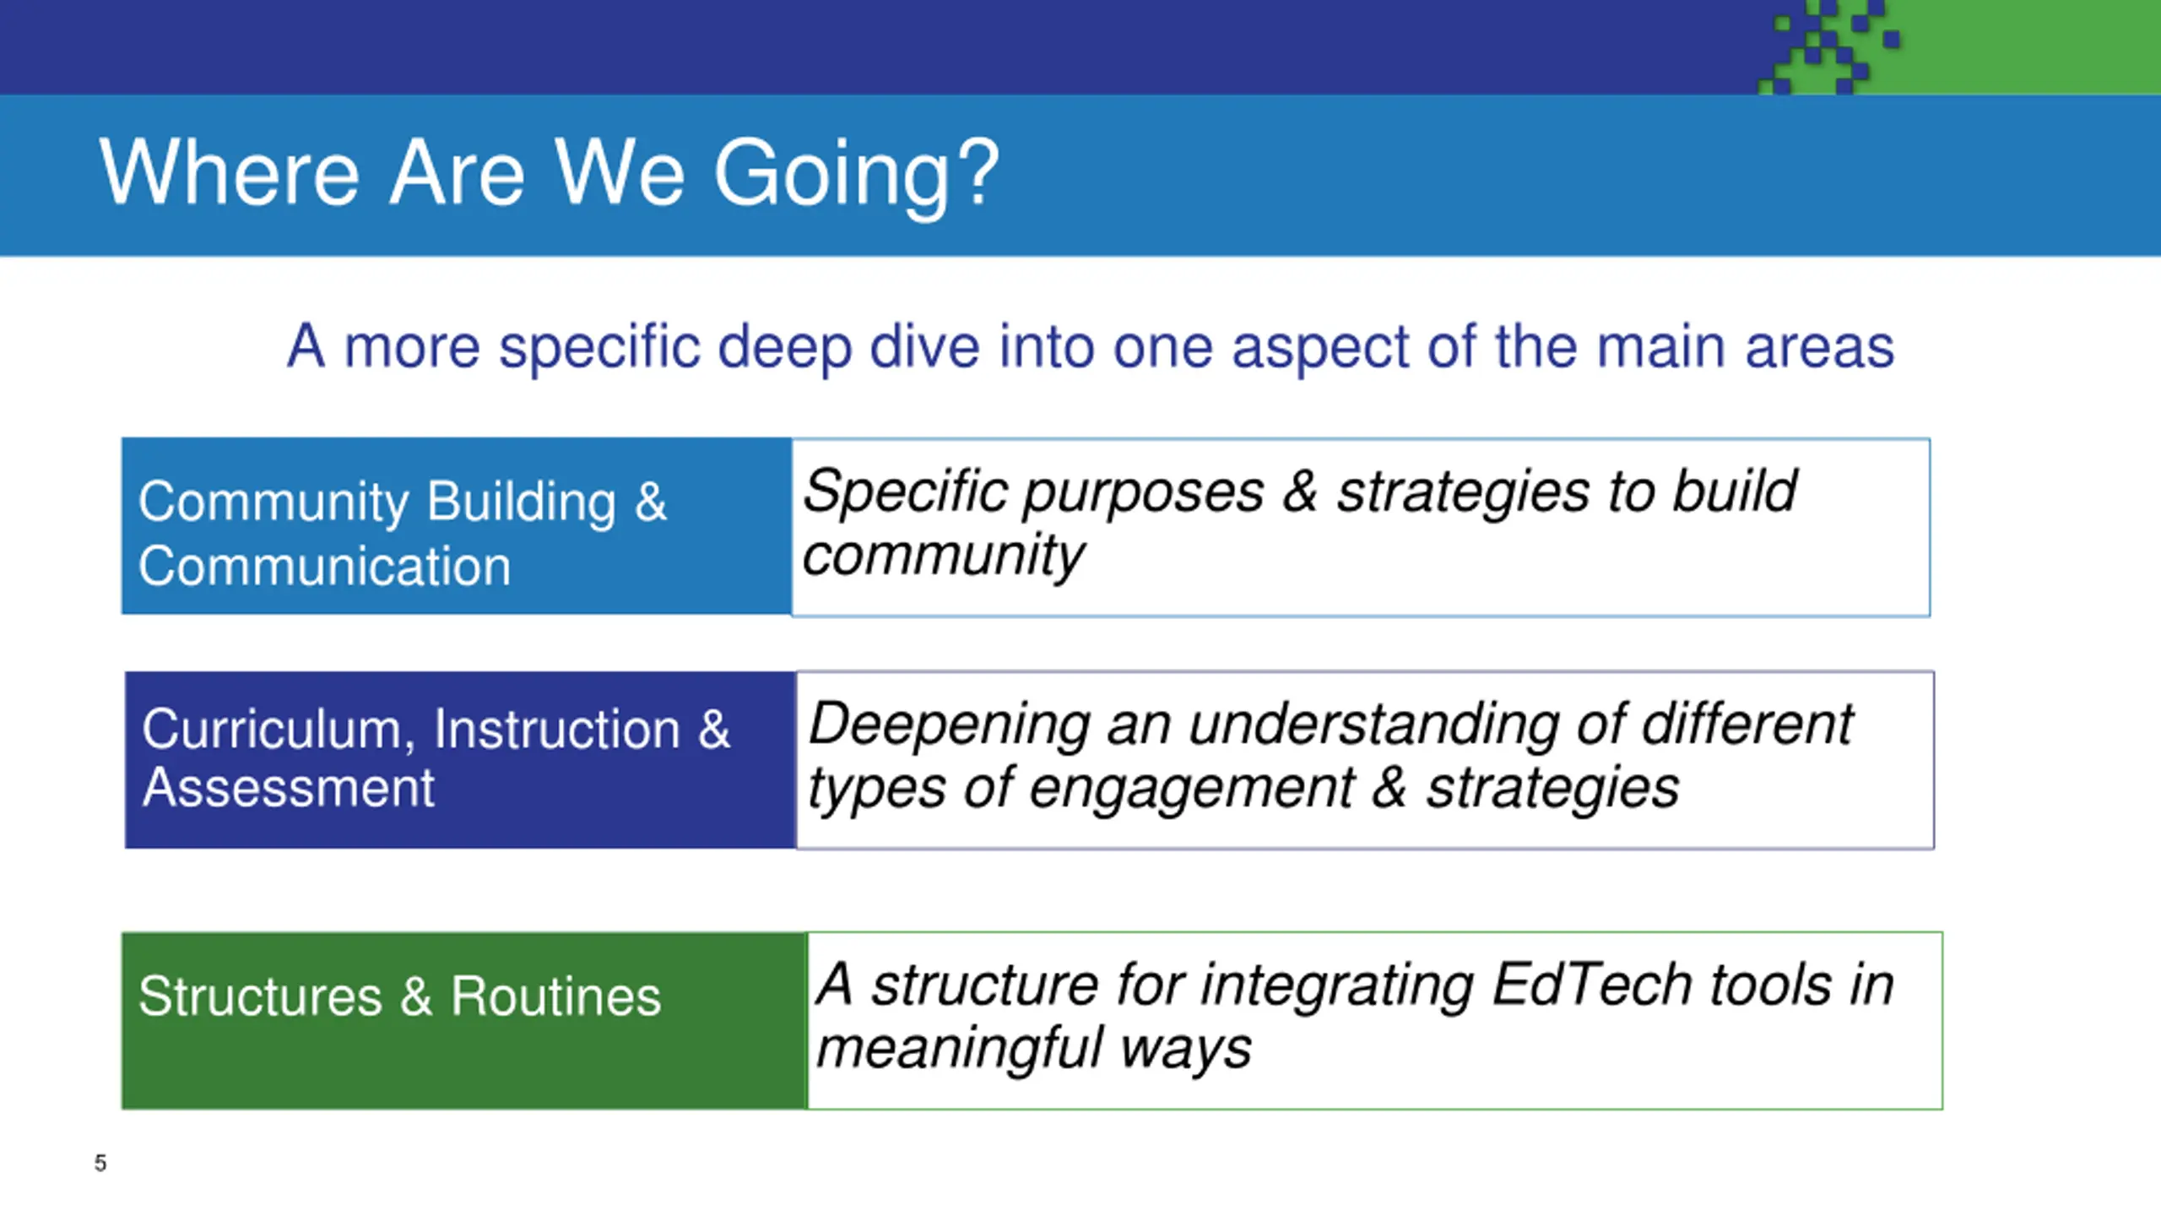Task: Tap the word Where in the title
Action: (230, 172)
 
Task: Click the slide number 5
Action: (100, 1163)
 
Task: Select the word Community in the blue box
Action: (274, 504)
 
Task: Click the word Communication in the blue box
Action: (325, 566)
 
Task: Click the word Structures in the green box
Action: (261, 996)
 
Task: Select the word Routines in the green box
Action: (556, 996)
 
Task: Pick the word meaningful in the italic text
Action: (960, 1051)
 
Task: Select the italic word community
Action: (944, 556)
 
